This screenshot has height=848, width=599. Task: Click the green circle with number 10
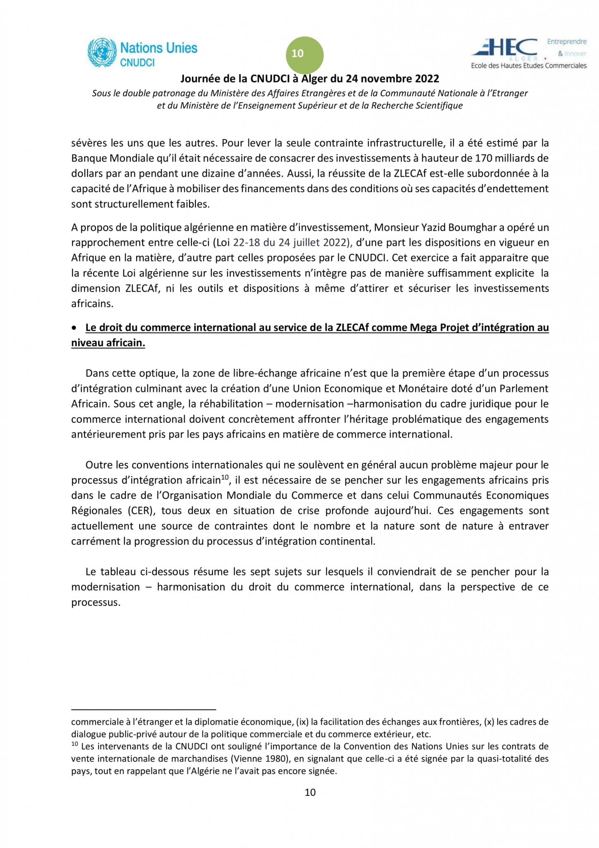pos(304,55)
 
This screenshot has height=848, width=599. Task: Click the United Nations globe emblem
pos(102,53)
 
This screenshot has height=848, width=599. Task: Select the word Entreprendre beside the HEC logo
pos(566,41)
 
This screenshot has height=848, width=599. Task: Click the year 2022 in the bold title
pos(426,79)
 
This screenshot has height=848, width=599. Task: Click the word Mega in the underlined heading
pos(422,328)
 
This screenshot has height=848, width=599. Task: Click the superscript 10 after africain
pos(225,477)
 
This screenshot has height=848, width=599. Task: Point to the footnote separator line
pos(144,709)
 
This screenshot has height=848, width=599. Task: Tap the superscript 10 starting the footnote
pos(74,744)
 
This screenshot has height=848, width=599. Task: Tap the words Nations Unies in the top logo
pos(159,48)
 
